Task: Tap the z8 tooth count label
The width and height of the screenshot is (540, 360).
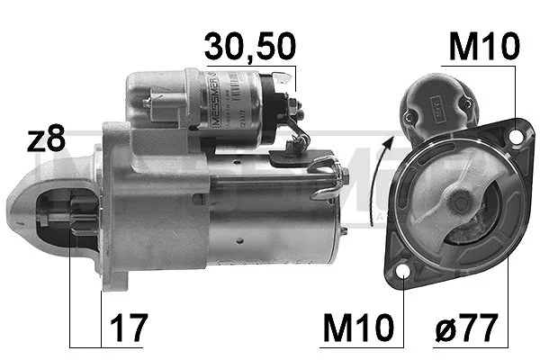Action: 46,139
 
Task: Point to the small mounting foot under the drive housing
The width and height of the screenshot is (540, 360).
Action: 112,279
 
